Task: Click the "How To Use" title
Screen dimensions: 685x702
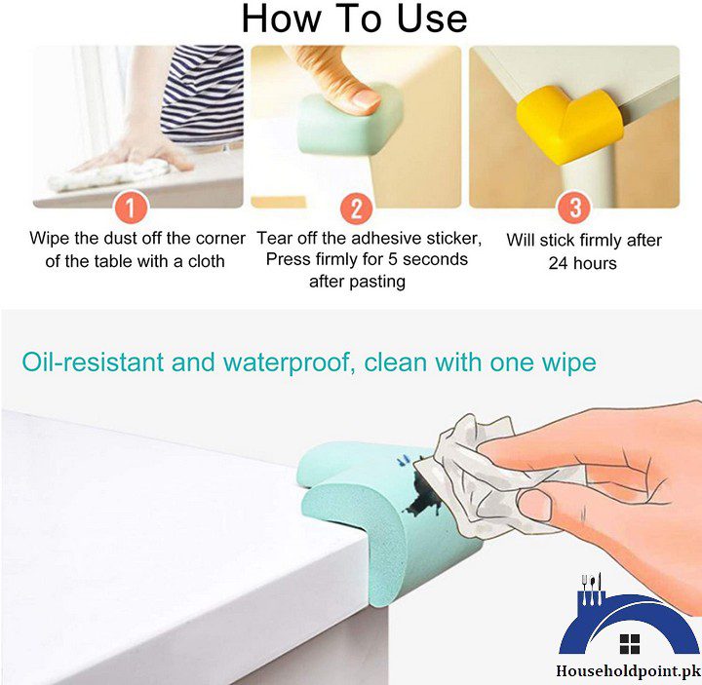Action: pyautogui.click(x=354, y=19)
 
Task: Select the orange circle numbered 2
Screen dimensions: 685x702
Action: pyautogui.click(x=356, y=208)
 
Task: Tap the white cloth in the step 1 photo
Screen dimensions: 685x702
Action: pyautogui.click(x=107, y=176)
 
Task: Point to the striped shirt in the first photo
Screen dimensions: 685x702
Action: pyautogui.click(x=200, y=93)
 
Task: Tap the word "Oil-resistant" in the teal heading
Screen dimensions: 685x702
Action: pyautogui.click(x=94, y=363)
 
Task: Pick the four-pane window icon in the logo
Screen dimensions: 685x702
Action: pyautogui.click(x=630, y=643)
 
